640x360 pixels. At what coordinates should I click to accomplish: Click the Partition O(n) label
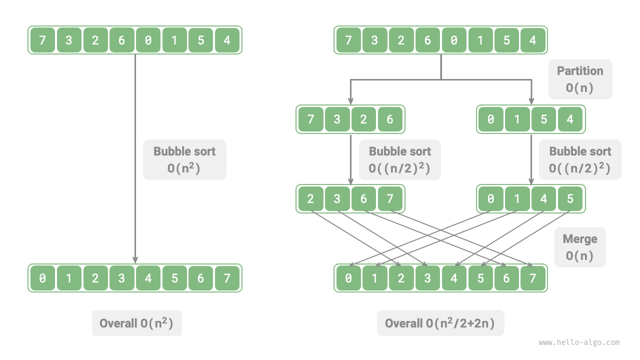pos(580,79)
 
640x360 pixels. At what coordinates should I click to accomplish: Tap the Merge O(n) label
pos(580,247)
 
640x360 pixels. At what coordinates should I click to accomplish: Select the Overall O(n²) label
pos(136,323)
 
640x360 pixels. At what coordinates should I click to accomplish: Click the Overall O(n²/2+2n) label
pos(440,323)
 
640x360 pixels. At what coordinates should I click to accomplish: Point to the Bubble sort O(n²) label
pos(184,159)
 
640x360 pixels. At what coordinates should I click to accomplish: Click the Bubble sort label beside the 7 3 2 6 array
pos(399,159)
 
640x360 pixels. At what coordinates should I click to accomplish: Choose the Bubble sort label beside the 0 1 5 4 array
pos(580,159)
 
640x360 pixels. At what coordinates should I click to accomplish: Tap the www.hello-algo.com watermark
pos(579,342)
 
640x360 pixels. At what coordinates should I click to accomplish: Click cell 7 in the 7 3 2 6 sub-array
pos(311,119)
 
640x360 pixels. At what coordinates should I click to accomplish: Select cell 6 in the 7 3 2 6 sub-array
pos(390,119)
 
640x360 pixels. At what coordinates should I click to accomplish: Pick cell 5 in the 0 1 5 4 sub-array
pos(543,119)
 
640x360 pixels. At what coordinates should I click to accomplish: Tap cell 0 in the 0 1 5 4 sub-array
pos(491,119)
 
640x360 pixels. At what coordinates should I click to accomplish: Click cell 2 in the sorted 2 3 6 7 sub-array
pos(311,199)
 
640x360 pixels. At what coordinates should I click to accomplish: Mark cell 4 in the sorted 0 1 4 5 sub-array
pos(543,199)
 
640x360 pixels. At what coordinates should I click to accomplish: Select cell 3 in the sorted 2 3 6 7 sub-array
pos(337,199)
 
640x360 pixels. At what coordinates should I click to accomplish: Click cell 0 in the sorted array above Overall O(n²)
pos(42,278)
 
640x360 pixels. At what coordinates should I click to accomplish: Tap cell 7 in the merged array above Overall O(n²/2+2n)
pos(533,278)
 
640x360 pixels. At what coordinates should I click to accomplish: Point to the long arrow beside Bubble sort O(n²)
pos(135,200)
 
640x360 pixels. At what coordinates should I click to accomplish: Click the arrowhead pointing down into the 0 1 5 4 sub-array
pos(531,99)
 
